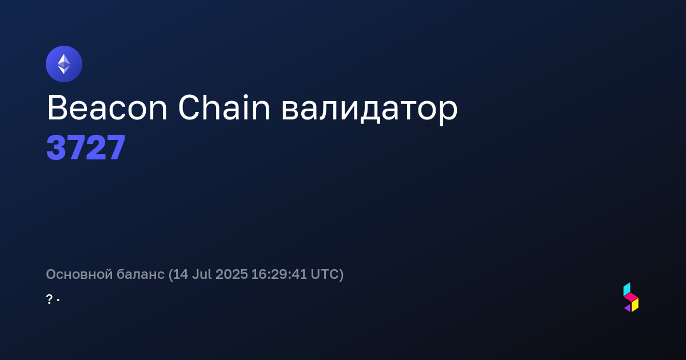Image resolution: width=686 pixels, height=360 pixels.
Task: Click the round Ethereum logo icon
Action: pyautogui.click(x=64, y=64)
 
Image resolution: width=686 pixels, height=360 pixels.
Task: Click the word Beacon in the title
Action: pyautogui.click(x=107, y=108)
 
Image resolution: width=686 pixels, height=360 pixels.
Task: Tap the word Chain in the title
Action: pyautogui.click(x=224, y=107)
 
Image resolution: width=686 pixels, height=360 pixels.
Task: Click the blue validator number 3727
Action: pyautogui.click(x=86, y=147)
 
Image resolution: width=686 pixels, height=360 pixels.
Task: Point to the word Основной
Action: pyautogui.click(x=79, y=274)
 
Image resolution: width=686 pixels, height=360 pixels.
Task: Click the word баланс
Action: pyautogui.click(x=141, y=274)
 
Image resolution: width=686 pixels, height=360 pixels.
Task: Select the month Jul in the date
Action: pyautogui.click(x=202, y=274)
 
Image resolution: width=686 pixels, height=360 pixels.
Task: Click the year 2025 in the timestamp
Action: pyautogui.click(x=232, y=274)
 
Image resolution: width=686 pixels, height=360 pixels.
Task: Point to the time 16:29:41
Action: pyautogui.click(x=279, y=274)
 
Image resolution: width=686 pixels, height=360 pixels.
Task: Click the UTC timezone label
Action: pyautogui.click(x=324, y=274)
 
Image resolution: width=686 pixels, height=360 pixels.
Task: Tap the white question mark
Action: pyautogui.click(x=49, y=299)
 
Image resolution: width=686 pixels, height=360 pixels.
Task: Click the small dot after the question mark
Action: pyautogui.click(x=58, y=301)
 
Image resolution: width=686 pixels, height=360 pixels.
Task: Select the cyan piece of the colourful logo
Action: pyautogui.click(x=627, y=289)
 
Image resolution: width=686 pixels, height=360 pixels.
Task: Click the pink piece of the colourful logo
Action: pyautogui.click(x=631, y=297)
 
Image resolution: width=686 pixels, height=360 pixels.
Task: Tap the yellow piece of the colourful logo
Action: pyautogui.click(x=635, y=305)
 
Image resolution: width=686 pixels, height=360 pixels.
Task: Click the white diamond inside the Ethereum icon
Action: pyautogui.click(x=64, y=64)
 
